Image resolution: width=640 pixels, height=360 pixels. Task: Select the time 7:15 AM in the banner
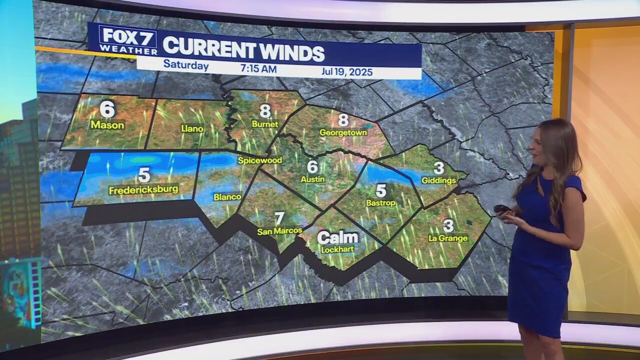tap(258, 68)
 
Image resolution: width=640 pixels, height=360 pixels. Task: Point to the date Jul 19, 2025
tap(347, 72)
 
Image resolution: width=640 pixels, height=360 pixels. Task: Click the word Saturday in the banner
tap(186, 65)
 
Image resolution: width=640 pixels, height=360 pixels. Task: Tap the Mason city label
tap(107, 125)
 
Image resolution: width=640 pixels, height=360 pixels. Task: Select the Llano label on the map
tap(192, 128)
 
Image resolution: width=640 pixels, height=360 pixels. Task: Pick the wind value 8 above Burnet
tap(265, 110)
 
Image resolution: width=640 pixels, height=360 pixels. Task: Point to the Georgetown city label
tap(343, 132)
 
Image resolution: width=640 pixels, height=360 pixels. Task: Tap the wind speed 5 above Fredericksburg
tap(144, 175)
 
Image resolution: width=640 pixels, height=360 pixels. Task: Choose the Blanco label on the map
tap(227, 197)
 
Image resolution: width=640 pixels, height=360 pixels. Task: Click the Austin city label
tap(312, 178)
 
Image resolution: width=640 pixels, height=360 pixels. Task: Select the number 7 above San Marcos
tap(279, 218)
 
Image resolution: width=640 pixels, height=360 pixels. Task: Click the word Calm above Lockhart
tap(338, 237)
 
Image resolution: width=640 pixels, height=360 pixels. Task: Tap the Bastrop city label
tap(381, 203)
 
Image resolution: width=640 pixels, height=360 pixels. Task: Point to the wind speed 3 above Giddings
tap(438, 168)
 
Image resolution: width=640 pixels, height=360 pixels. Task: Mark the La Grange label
tap(448, 238)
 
